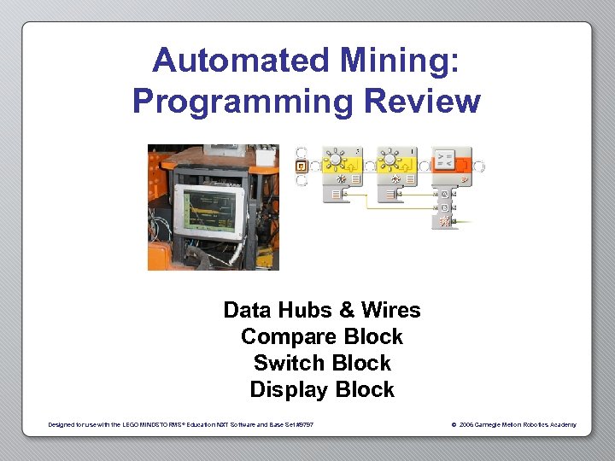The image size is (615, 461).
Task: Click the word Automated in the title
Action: (x=242, y=61)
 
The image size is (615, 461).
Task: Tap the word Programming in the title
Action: (x=243, y=102)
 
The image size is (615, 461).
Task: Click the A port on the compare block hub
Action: (x=444, y=193)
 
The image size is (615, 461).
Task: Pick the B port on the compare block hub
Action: (x=444, y=207)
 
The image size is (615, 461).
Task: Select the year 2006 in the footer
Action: (x=466, y=424)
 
